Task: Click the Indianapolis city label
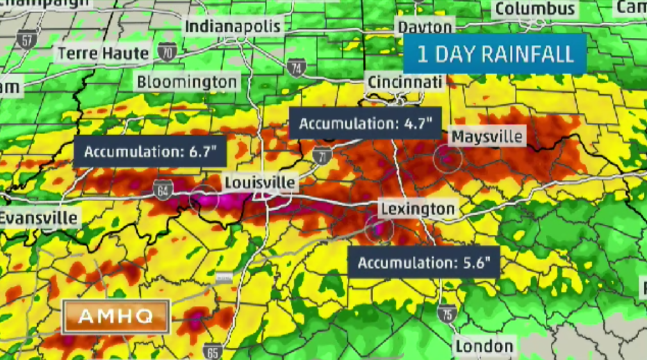click(x=233, y=26)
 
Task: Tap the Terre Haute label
click(x=104, y=53)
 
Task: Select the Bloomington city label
click(x=186, y=82)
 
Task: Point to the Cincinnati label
click(x=404, y=82)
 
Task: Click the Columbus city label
click(x=534, y=9)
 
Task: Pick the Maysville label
click(x=487, y=136)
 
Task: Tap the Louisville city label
click(x=260, y=183)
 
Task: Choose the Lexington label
click(x=417, y=209)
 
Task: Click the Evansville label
click(x=38, y=217)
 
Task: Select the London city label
click(x=484, y=347)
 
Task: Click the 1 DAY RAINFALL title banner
click(x=495, y=54)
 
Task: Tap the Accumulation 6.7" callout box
click(x=149, y=152)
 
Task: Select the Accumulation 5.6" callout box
click(x=423, y=262)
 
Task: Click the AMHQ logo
click(x=115, y=316)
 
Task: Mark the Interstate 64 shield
click(x=163, y=189)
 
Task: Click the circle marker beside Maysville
click(x=447, y=157)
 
